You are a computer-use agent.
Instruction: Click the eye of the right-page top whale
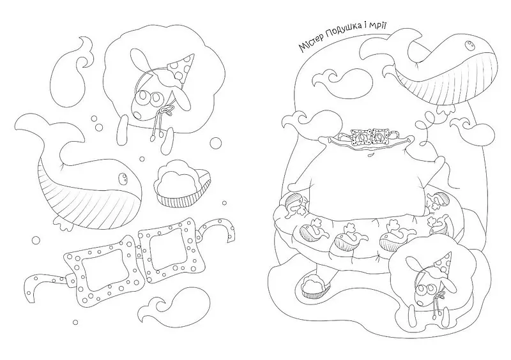point(470,45)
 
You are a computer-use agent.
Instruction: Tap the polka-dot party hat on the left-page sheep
point(181,68)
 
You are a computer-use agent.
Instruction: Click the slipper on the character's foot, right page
point(314,285)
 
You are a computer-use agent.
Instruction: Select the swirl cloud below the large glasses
point(172,309)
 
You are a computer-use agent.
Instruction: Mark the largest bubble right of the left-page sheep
point(215,143)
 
